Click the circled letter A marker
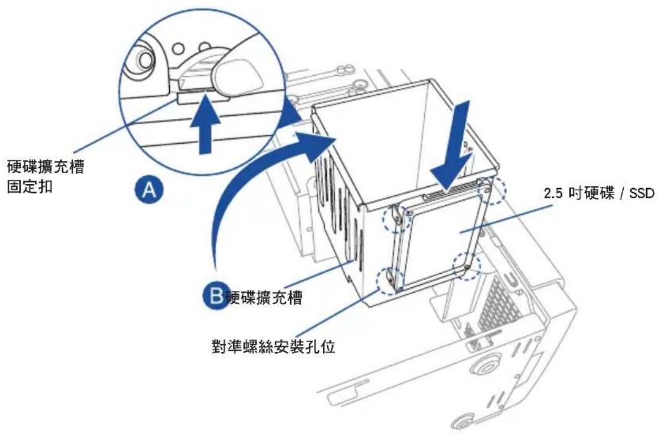pyautogui.click(x=149, y=190)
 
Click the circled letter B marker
pyautogui.click(x=216, y=296)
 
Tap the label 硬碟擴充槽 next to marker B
pyautogui.click(x=264, y=297)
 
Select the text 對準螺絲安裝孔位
pyautogui.click(x=273, y=346)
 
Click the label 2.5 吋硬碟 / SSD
pyautogui.click(x=599, y=193)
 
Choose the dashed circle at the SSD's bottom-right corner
pyautogui.click(x=467, y=265)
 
